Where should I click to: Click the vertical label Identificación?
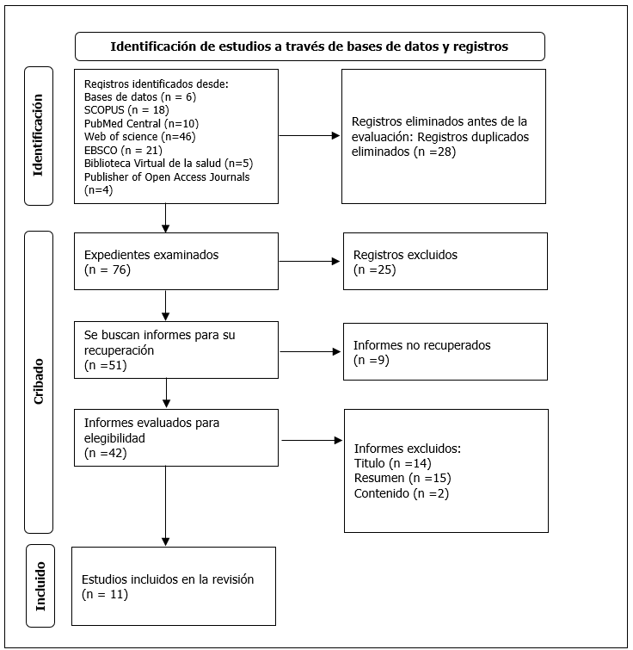click(x=38, y=135)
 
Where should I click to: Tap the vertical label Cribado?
click(x=39, y=381)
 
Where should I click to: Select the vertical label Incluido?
click(x=40, y=586)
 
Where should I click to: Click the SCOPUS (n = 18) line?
click(x=126, y=110)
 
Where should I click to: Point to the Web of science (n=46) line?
click(x=140, y=136)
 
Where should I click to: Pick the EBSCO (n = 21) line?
click(x=123, y=150)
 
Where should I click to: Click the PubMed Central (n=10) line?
click(x=142, y=123)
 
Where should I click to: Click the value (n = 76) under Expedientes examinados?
click(x=108, y=269)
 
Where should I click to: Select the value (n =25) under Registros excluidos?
click(x=375, y=269)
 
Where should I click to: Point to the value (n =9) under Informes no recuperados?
click(x=372, y=360)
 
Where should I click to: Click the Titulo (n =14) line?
click(x=393, y=463)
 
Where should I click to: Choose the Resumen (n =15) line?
click(x=403, y=478)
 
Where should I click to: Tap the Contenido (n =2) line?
click(x=402, y=493)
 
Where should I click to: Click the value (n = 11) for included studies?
click(x=105, y=594)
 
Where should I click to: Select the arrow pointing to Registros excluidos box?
click(x=310, y=261)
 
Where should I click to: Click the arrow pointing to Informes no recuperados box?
click(x=310, y=351)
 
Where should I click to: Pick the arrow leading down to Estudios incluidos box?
click(x=166, y=505)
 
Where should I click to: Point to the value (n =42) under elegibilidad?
click(x=106, y=453)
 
